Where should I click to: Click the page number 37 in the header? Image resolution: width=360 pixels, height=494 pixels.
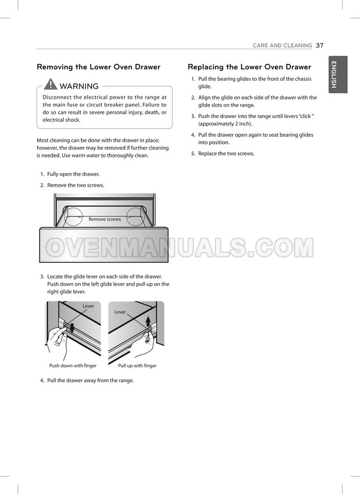tap(320, 45)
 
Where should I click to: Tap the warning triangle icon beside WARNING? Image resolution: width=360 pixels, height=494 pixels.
tap(51, 84)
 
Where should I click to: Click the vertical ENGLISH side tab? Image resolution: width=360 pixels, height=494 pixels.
tap(338, 74)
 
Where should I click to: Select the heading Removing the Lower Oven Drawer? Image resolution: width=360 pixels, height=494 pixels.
tap(99, 67)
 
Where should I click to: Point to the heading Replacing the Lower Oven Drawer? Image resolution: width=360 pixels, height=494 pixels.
tap(249, 67)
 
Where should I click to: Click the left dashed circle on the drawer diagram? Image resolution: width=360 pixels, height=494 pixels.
tap(73, 217)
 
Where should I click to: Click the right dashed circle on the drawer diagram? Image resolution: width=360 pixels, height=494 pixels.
tap(136, 217)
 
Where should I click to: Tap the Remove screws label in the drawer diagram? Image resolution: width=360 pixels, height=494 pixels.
tap(105, 219)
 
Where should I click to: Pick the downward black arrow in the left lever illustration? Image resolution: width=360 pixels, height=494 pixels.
tap(72, 328)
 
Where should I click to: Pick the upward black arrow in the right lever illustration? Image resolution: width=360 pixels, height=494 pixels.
tap(148, 321)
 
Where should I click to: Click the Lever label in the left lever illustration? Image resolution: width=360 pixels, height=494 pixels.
tap(88, 306)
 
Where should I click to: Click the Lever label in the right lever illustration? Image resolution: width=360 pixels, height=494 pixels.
tap(120, 312)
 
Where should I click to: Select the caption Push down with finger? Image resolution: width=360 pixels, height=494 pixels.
tap(73, 366)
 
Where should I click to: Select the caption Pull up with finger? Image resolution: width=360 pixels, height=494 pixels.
tap(137, 366)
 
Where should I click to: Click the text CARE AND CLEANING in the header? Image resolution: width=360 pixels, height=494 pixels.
tap(282, 45)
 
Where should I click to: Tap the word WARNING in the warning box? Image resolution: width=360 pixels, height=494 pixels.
tap(79, 86)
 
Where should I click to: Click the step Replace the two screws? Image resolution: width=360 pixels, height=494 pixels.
tap(226, 154)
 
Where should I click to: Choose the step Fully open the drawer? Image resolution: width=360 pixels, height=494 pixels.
tap(73, 174)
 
